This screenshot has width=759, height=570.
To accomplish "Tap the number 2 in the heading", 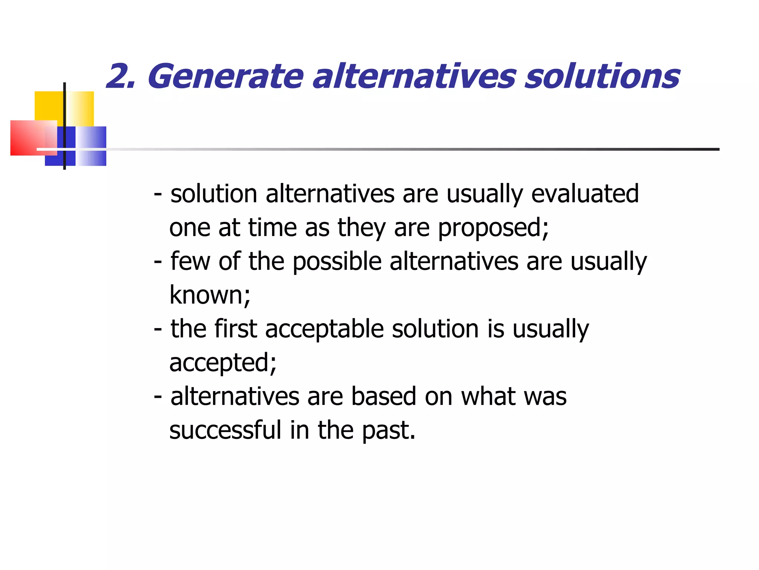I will pos(118,77).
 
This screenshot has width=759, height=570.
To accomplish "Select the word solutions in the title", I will pos(602,77).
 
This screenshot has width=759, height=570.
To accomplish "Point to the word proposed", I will pos(493,228).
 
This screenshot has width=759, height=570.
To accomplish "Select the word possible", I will pos(337,261).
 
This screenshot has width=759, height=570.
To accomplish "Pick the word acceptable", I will pos(324,329).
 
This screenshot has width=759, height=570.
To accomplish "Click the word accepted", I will pos(222,363).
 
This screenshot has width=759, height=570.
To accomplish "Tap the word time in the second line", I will pos(272,228).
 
